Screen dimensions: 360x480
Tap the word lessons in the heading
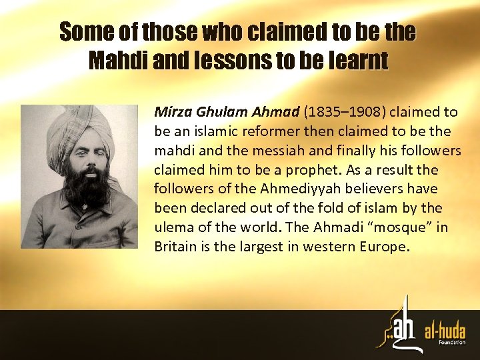click(x=225, y=61)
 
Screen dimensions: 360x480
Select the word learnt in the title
click(x=357, y=61)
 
